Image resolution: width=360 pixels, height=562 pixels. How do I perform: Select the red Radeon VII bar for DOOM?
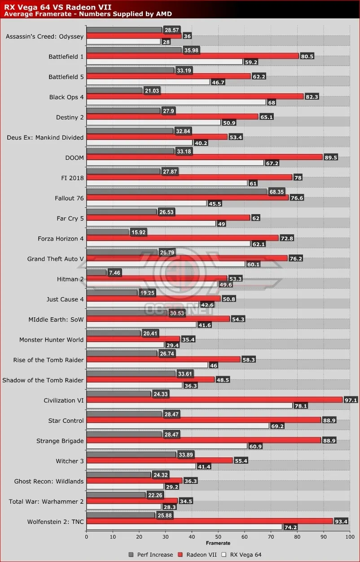point(204,157)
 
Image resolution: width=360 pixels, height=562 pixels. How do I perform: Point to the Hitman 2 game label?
point(70,279)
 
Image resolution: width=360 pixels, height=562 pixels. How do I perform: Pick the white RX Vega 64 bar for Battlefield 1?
point(164,62)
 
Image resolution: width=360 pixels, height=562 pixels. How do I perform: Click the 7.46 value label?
point(114,272)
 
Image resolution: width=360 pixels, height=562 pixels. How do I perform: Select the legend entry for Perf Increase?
point(150,554)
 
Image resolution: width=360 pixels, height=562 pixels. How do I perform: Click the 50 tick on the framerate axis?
point(218,536)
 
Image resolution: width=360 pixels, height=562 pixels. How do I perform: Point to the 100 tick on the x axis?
point(349,536)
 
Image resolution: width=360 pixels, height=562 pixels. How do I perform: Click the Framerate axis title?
point(218,543)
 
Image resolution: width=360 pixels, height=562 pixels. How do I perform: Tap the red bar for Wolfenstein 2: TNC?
point(209,521)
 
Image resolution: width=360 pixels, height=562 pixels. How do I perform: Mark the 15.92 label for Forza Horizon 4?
point(138,232)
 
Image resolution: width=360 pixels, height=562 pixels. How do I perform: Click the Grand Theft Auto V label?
point(55,259)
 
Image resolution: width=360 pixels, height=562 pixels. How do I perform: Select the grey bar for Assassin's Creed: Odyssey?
point(123,30)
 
